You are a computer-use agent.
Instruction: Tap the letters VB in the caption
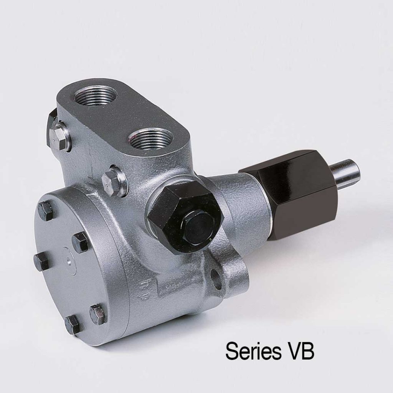301,350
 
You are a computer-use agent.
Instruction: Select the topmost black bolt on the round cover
45,211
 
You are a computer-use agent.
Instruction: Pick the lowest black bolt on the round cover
73,325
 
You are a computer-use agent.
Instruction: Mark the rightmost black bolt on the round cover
97,314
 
